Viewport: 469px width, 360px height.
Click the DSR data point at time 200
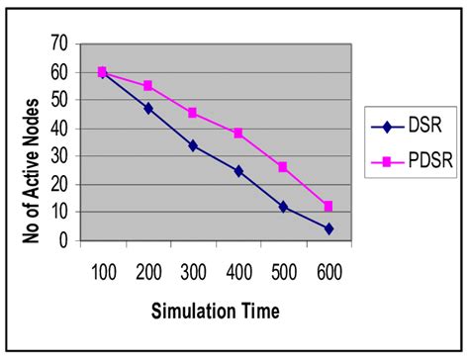(148, 108)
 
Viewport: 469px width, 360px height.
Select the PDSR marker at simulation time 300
(193, 113)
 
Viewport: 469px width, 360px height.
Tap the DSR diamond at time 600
(328, 228)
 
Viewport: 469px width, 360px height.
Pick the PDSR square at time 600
(328, 206)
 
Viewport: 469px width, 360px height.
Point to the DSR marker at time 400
(238, 171)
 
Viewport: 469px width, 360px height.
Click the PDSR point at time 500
(283, 167)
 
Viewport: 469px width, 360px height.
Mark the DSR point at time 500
(283, 207)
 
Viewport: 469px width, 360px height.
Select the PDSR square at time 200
(148, 86)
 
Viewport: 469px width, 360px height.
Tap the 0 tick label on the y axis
(61, 239)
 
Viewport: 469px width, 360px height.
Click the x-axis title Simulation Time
(216, 313)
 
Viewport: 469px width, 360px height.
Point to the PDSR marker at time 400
(238, 134)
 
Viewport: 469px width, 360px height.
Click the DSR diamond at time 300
(193, 145)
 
